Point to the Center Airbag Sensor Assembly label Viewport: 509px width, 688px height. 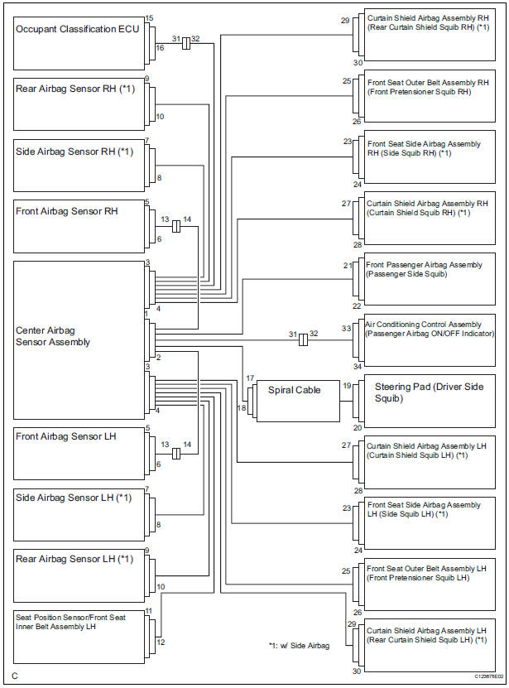click(53, 335)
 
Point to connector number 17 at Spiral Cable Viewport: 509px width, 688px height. click(249, 378)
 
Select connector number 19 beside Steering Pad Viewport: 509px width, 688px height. click(347, 386)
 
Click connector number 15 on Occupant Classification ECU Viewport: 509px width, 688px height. click(150, 17)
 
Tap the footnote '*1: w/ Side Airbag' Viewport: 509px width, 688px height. click(299, 646)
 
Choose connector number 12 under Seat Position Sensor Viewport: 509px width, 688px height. click(161, 642)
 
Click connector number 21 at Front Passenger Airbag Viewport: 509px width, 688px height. click(348, 265)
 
